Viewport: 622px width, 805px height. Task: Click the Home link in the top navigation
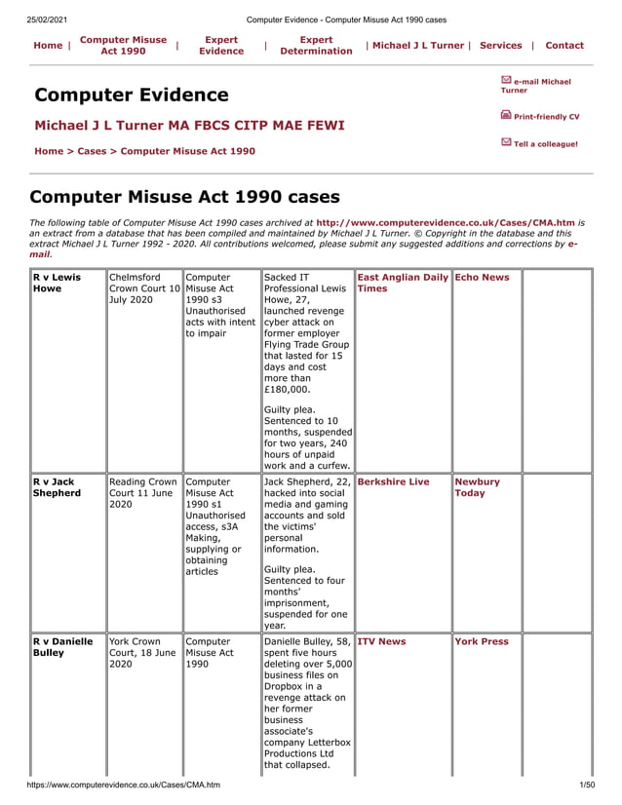(48, 46)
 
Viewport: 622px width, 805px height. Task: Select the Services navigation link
(501, 46)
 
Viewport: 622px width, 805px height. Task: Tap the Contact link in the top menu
(564, 46)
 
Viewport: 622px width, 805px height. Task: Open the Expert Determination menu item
(316, 46)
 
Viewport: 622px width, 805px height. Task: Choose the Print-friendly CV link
(546, 117)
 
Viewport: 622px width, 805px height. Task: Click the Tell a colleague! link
(545, 144)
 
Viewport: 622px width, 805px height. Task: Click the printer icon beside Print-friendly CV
(506, 115)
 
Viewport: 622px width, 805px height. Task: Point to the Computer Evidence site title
(132, 95)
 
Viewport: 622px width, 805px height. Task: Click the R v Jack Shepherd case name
(57, 487)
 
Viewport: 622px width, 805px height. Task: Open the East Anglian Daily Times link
(402, 283)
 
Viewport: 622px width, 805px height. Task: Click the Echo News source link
(482, 277)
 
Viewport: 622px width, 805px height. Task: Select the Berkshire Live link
(393, 481)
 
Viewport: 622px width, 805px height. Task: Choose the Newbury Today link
(477, 487)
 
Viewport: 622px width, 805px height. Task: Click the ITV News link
(381, 641)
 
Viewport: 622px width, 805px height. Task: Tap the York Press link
(482, 641)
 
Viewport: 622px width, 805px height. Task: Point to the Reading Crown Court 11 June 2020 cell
(143, 493)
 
